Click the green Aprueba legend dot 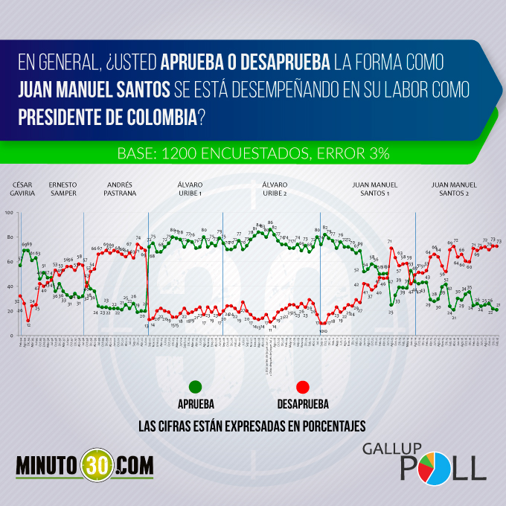tap(196, 386)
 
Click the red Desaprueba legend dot tap(302, 386)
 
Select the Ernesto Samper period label tap(62, 188)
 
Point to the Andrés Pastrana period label tap(121, 188)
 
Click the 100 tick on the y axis tap(9, 213)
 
